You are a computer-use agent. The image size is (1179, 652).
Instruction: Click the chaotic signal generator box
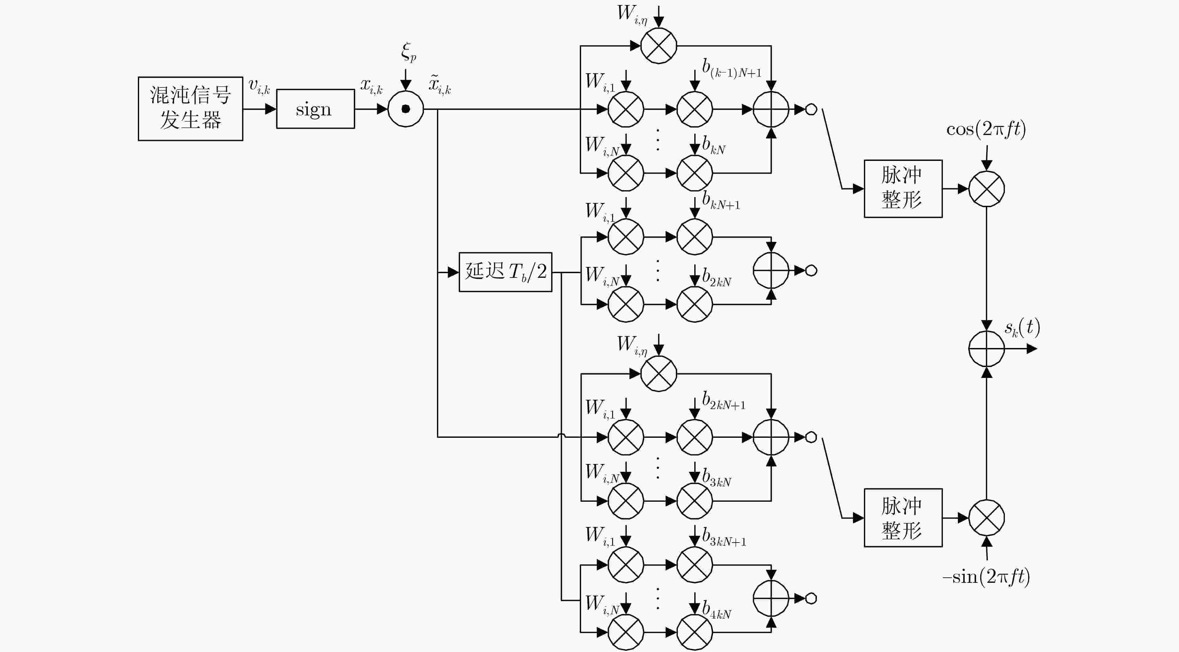tap(190, 109)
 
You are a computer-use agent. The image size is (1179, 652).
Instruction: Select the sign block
tap(315, 109)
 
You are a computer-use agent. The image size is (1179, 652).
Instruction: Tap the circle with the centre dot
tap(405, 109)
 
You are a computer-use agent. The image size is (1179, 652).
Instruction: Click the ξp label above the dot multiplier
tap(409, 52)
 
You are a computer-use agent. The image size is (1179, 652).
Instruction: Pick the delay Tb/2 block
tap(505, 272)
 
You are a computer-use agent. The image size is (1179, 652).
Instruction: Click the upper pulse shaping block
tap(903, 189)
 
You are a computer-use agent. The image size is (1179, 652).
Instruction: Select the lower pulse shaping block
tap(903, 518)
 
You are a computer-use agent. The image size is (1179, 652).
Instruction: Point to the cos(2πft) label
tap(986, 129)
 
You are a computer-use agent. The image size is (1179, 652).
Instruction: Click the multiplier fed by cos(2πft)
tap(986, 189)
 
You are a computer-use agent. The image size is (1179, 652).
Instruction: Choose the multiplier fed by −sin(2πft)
tap(986, 518)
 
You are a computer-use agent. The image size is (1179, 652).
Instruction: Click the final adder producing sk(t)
tap(986, 349)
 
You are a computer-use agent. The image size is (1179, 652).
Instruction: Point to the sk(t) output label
tap(1022, 328)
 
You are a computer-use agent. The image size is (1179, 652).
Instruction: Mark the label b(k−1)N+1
tap(732, 68)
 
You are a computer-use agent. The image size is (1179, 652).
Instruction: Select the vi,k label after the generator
tap(259, 86)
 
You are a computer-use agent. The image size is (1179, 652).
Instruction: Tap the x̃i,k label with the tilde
tap(440, 85)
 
